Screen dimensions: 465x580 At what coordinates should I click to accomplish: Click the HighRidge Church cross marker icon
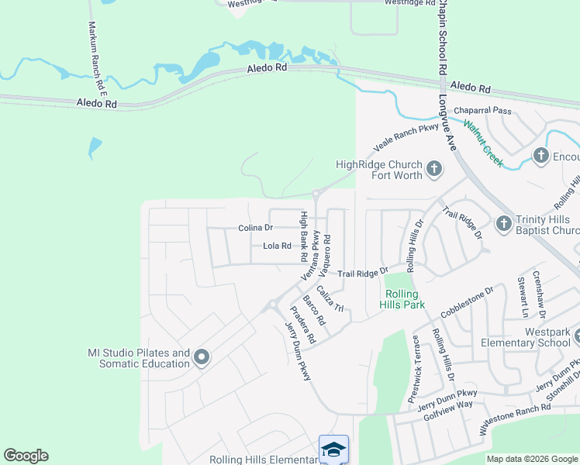(434, 169)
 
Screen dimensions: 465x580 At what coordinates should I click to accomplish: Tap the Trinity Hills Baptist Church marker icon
(503, 224)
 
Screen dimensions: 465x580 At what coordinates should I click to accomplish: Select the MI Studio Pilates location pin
(202, 357)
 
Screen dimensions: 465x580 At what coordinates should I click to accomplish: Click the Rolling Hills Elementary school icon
(333, 449)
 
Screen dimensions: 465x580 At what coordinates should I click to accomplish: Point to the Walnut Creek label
(483, 143)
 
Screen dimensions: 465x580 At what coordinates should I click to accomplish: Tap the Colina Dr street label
(256, 228)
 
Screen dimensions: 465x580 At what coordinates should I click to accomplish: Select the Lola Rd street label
(276, 246)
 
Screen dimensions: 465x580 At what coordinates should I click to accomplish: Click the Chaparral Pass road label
(483, 111)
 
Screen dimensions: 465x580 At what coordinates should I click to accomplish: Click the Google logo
(26, 456)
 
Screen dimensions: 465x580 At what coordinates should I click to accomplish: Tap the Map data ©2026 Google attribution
(532, 459)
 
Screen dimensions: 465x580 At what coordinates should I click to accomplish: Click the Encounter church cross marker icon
(542, 156)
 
